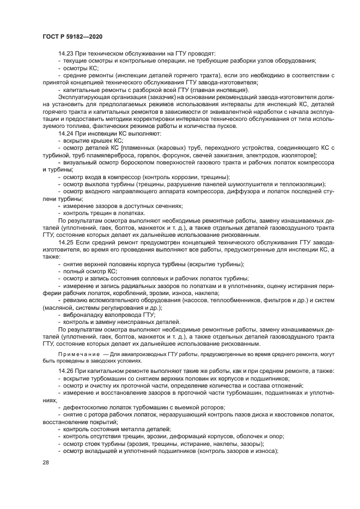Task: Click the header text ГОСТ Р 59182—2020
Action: pyautogui.click(x=72, y=35)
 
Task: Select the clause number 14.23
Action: pyautogui.click(x=65, y=54)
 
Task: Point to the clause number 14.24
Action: pyautogui.click(x=65, y=133)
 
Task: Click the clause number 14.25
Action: pyautogui.click(x=65, y=241)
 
